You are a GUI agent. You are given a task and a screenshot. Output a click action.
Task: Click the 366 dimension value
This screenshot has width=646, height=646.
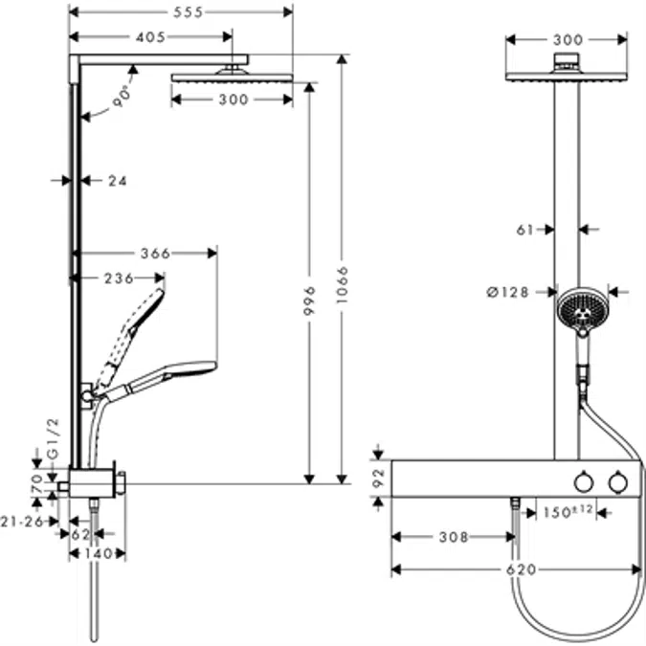[x=154, y=254]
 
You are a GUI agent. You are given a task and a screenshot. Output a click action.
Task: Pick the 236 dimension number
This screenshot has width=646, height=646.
[x=120, y=278]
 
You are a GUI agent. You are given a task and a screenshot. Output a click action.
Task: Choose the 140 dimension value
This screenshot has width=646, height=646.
[x=99, y=553]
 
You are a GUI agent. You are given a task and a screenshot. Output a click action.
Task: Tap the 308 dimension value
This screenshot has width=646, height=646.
[x=453, y=538]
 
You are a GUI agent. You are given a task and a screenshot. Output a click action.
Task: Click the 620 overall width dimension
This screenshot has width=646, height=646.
[x=520, y=569]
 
